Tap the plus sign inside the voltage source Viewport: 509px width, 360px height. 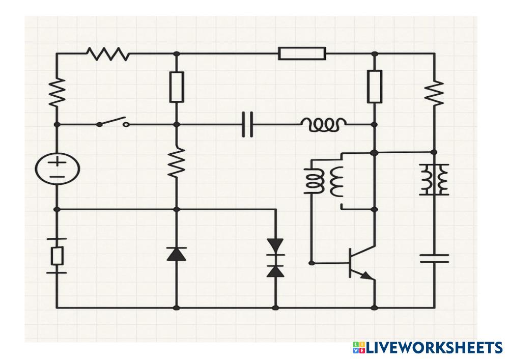pyautogui.click(x=57, y=162)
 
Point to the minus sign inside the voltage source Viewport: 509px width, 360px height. pyautogui.click(x=57, y=177)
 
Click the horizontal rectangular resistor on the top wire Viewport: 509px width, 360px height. pyautogui.click(x=302, y=53)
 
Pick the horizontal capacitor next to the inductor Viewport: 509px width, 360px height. pyautogui.click(x=247, y=124)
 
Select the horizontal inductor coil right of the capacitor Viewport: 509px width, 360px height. pyautogui.click(x=324, y=124)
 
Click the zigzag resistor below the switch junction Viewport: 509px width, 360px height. pyautogui.click(x=176, y=162)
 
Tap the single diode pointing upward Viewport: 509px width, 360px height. pyautogui.click(x=176, y=253)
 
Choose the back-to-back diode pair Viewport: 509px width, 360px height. pyautogui.click(x=275, y=258)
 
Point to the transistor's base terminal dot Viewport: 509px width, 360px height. pyautogui.click(x=311, y=263)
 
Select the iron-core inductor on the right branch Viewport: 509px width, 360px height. pyautogui.click(x=434, y=179)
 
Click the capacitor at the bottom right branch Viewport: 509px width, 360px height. pyautogui.click(x=434, y=258)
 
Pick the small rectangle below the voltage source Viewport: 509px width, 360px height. pyautogui.click(x=57, y=256)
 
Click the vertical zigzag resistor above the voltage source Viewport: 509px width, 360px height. pyautogui.click(x=57, y=92)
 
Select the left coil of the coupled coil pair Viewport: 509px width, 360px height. pyautogui.click(x=314, y=181)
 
